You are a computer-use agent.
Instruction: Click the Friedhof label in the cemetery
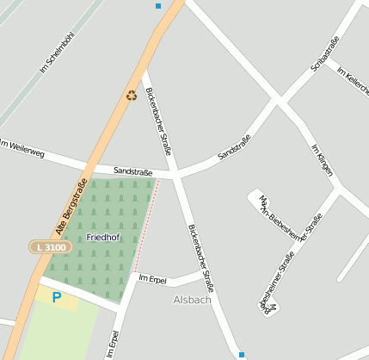point(103,237)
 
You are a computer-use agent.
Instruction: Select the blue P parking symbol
point(57,298)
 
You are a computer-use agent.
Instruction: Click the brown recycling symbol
point(132,96)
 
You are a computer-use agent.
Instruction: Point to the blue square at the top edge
point(158,6)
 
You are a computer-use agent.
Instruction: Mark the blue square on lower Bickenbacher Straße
point(242,354)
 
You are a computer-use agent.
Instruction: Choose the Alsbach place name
point(192,301)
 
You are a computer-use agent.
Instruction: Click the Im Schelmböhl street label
point(58,52)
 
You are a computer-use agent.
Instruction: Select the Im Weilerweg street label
point(22,149)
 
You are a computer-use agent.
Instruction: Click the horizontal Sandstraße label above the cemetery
point(132,172)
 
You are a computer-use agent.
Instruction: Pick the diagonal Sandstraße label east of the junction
point(234,147)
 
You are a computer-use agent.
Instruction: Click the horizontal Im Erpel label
point(152,280)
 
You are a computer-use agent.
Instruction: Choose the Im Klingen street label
point(321,159)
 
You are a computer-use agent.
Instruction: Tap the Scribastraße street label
point(324,54)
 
